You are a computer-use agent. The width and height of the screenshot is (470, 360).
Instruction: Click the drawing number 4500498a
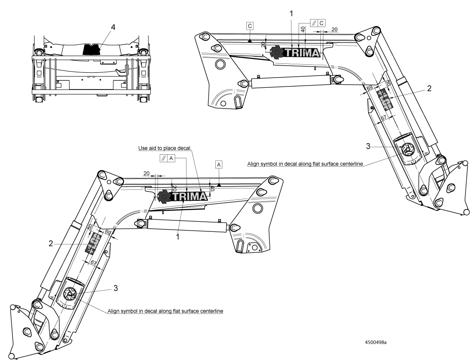376,342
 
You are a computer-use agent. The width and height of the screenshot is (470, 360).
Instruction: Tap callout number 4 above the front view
113,27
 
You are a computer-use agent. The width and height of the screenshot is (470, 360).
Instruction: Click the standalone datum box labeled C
250,26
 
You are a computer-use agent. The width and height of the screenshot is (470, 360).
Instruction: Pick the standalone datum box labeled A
219,164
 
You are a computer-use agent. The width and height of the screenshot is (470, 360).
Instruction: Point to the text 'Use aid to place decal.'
165,148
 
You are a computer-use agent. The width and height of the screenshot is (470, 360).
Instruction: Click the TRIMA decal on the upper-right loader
295,52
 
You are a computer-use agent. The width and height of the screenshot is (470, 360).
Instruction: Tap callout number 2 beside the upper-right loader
429,88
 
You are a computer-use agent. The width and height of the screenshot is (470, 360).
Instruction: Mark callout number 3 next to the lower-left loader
115,288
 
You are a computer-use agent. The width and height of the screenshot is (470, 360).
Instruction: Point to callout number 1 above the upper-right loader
291,13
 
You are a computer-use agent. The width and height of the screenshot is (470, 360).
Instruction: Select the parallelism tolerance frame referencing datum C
318,23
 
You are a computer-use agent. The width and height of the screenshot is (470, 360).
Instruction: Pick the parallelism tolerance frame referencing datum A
167,158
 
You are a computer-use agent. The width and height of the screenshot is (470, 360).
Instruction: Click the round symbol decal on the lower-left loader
69,293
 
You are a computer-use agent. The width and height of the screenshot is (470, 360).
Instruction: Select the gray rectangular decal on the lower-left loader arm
93,243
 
